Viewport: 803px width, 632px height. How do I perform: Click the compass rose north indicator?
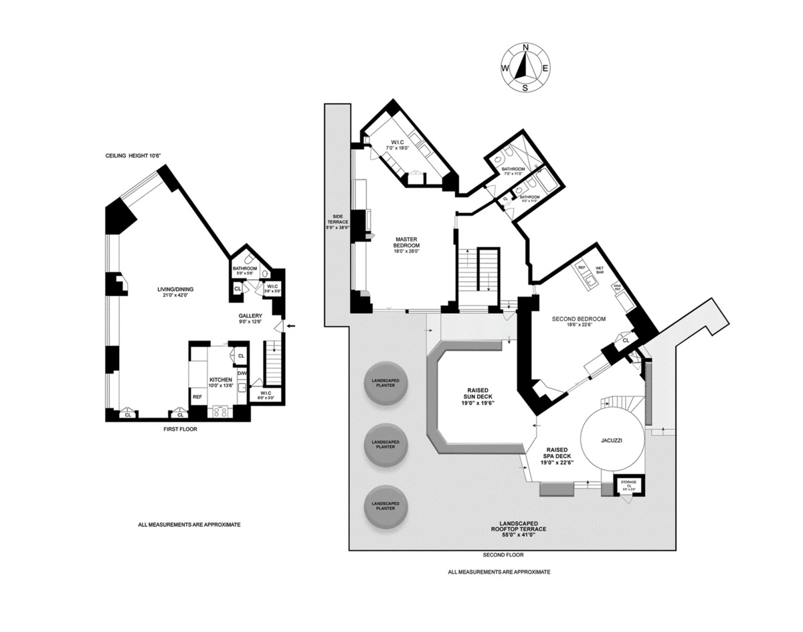(525, 48)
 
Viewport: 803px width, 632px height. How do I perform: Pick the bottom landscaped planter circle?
(386, 507)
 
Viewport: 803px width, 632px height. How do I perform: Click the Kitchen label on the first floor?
(220, 382)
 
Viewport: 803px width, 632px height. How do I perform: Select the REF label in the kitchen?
(197, 397)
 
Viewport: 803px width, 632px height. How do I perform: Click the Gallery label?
(251, 319)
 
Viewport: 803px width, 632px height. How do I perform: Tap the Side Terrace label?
(338, 221)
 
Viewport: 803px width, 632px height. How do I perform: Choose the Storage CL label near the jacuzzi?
(628, 484)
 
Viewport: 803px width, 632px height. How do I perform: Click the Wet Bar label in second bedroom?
(600, 270)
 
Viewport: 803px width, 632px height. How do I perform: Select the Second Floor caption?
(503, 555)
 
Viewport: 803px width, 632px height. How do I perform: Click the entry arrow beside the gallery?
(290, 326)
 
